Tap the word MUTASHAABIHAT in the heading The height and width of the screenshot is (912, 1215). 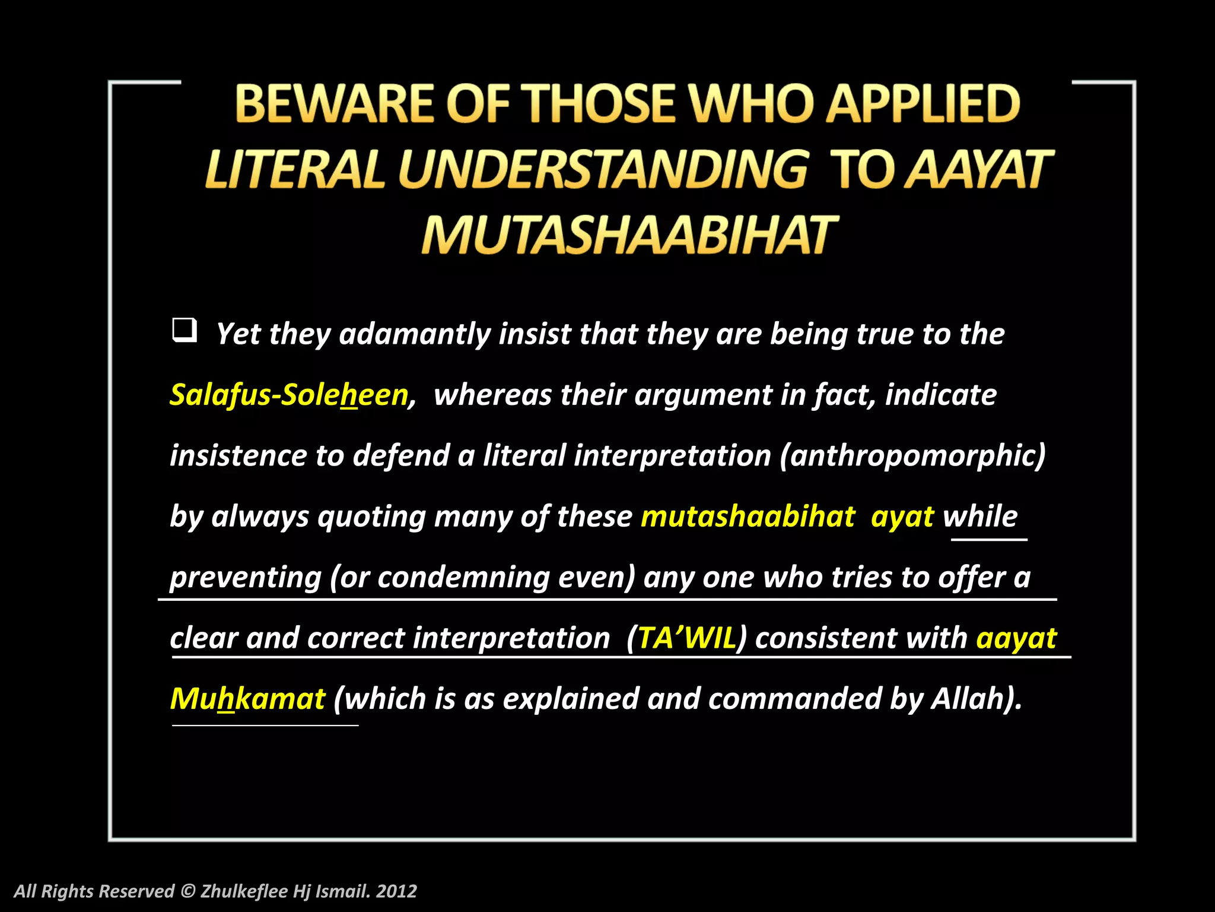(x=629, y=235)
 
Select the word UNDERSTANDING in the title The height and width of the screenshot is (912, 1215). (x=603, y=170)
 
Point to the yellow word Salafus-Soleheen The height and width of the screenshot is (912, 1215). (x=289, y=395)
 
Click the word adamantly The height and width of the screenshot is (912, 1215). (x=414, y=334)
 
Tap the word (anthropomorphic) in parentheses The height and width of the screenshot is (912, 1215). (x=912, y=456)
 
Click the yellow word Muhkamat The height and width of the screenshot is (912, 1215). (x=247, y=699)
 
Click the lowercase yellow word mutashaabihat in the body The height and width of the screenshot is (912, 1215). (x=748, y=517)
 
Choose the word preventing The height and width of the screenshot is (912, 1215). (x=245, y=578)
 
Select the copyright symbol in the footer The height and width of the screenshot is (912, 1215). (x=187, y=891)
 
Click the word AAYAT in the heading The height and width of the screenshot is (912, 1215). (x=979, y=170)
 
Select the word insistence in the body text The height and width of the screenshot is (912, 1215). (x=238, y=456)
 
